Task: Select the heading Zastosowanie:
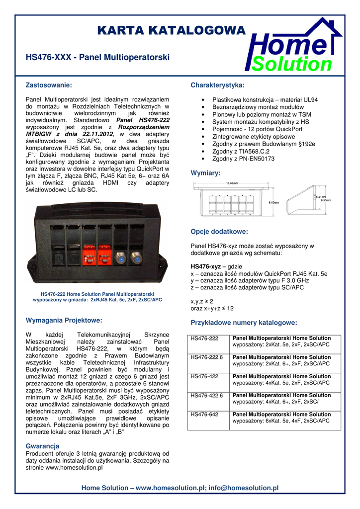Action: [x=49, y=85]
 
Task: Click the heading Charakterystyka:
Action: [x=217, y=85]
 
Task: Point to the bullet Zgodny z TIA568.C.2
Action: [x=240, y=151]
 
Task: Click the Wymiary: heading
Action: [x=205, y=173]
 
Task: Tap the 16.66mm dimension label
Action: [x=232, y=183]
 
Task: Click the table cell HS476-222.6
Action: [x=207, y=357]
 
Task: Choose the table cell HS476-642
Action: [x=204, y=414]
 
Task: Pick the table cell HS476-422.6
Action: [x=207, y=395]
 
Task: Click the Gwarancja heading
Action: [x=42, y=446]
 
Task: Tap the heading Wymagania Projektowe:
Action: [x=64, y=320]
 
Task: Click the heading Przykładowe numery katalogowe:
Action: [x=244, y=323]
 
